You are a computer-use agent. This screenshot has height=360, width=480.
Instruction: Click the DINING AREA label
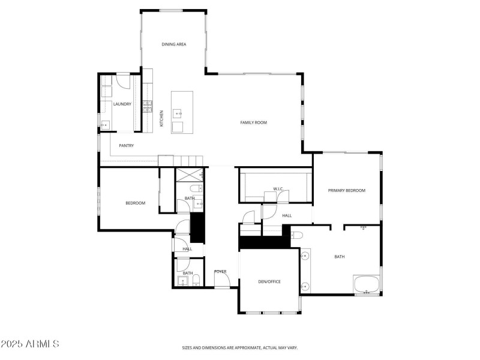pyautogui.click(x=173, y=44)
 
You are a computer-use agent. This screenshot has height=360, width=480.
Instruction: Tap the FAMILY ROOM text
pyautogui.click(x=254, y=122)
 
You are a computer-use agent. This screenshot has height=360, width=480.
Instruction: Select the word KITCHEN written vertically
pyautogui.click(x=161, y=118)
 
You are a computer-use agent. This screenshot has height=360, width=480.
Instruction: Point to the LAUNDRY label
pyautogui.click(x=122, y=104)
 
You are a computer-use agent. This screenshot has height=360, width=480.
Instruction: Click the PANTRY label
pyautogui.click(x=126, y=145)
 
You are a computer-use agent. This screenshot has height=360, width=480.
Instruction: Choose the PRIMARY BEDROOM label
pyautogui.click(x=346, y=190)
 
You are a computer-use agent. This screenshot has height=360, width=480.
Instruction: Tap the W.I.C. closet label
pyautogui.click(x=278, y=189)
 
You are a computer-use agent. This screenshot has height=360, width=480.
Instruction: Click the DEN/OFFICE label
pyautogui.click(x=269, y=281)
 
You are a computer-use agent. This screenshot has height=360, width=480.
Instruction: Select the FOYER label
pyautogui.click(x=220, y=272)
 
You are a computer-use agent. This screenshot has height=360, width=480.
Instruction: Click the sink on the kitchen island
pyautogui.click(x=178, y=113)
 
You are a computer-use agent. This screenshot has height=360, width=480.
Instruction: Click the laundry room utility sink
pyautogui.click(x=105, y=125)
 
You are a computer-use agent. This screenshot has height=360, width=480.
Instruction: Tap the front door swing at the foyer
pyautogui.click(x=222, y=280)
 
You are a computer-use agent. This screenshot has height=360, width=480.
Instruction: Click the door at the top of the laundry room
pyautogui.click(x=123, y=80)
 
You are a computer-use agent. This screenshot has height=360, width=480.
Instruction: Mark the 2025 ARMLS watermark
pyautogui.click(x=30, y=344)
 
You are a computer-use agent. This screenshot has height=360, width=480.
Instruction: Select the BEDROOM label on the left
pyautogui.click(x=135, y=203)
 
